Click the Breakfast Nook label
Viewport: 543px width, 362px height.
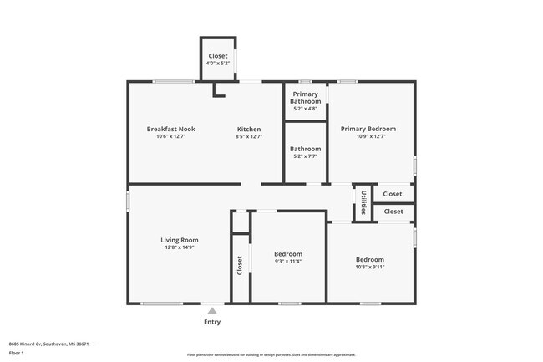pos(170,129)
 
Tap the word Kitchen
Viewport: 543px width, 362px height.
pos(249,129)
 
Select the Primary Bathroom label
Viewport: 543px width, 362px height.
pos(305,98)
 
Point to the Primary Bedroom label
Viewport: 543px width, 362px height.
pos(368,129)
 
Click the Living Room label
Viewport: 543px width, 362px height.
pos(180,240)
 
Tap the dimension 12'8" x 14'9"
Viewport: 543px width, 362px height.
pos(180,247)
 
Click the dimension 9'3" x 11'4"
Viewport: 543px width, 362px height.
pos(288,262)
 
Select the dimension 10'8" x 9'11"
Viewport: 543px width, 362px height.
pos(369,267)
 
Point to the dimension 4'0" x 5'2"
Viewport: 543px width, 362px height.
pos(217,63)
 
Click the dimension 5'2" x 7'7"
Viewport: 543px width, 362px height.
pos(305,156)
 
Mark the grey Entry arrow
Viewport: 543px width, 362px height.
pos(212,311)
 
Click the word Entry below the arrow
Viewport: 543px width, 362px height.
pos(212,322)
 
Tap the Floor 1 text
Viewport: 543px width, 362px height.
pos(17,353)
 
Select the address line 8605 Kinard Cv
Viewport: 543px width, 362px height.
pos(48,343)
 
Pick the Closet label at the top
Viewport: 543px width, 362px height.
pos(217,56)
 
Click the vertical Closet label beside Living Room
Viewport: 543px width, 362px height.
pos(240,265)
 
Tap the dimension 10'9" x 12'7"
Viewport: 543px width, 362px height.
pos(368,136)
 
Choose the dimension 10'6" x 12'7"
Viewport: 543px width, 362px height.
pos(170,136)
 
